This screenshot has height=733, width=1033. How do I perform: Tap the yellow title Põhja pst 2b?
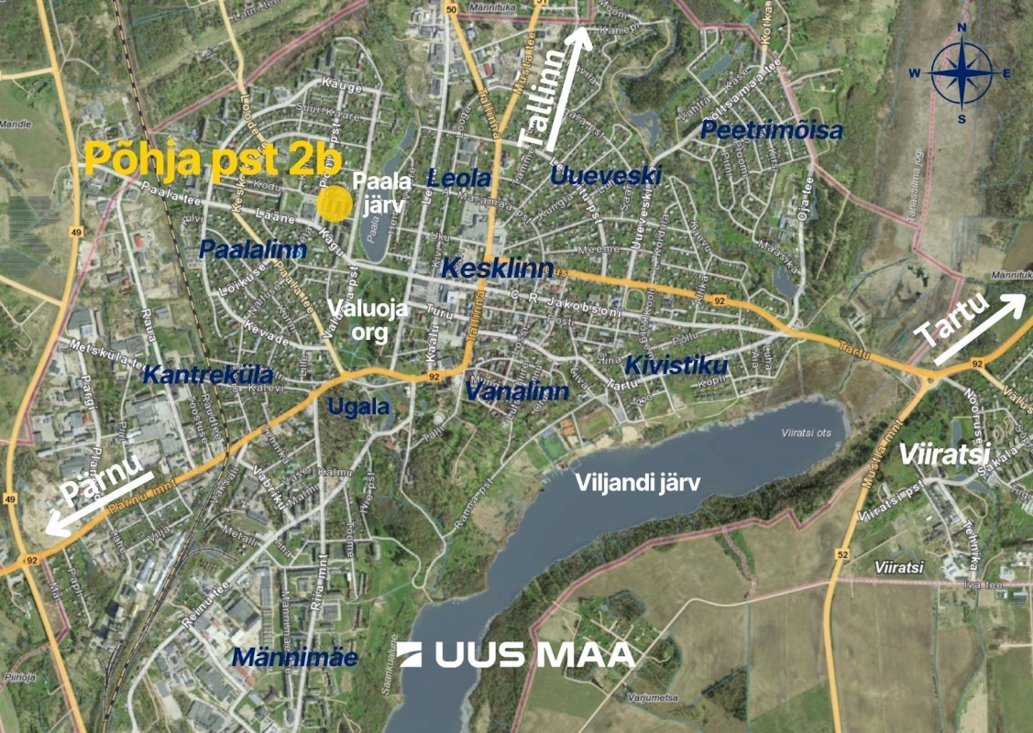(213, 159)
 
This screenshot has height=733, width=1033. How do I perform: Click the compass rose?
(962, 73)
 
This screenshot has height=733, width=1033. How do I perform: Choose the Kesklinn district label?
(498, 268)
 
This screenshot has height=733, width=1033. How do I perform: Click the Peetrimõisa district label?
(772, 131)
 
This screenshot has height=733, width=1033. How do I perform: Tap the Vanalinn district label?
(517, 391)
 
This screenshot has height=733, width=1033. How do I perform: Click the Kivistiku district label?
(676, 366)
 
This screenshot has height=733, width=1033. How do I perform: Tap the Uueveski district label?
(605, 175)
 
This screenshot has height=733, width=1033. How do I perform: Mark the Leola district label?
(459, 177)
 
